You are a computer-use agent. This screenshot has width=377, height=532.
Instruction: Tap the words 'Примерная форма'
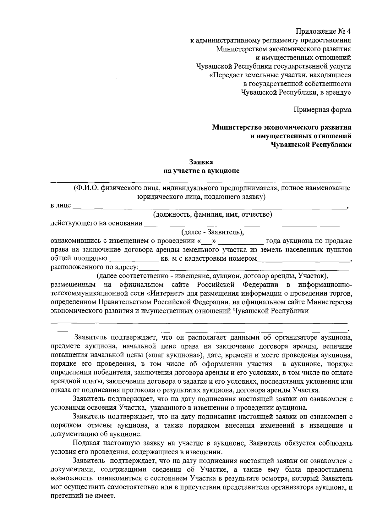(x=322, y=110)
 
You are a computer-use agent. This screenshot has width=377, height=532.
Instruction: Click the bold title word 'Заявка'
(x=201, y=162)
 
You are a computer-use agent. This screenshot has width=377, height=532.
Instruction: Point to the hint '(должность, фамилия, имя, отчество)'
(x=212, y=215)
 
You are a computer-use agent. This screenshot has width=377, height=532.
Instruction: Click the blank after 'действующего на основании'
(x=245, y=224)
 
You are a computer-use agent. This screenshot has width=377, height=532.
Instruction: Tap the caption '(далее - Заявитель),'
(x=212, y=232)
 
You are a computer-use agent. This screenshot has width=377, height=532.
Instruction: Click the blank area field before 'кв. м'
(x=134, y=259)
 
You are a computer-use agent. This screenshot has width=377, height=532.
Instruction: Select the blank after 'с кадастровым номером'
(x=303, y=259)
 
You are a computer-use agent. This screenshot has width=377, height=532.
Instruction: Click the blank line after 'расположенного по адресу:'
(x=243, y=268)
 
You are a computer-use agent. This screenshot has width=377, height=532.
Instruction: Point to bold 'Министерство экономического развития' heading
(x=282, y=127)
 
